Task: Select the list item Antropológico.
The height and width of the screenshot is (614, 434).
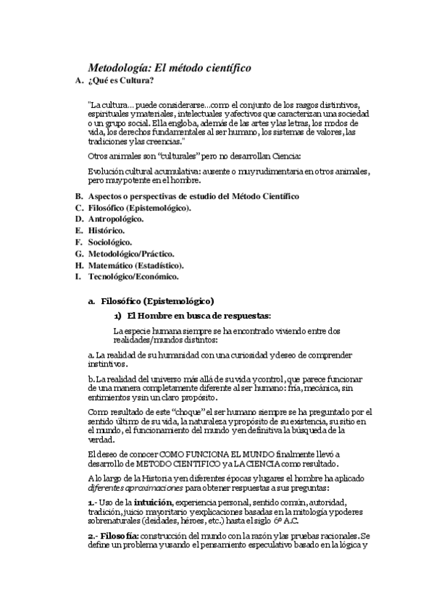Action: (116, 218)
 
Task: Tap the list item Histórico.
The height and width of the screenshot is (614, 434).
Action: (107, 230)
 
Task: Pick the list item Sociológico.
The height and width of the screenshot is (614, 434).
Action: (110, 241)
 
